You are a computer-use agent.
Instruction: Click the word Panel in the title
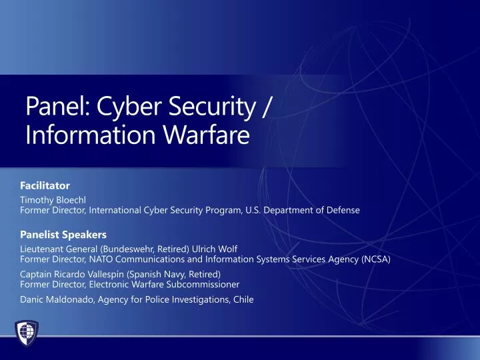point(57,106)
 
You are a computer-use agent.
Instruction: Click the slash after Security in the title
point(266,106)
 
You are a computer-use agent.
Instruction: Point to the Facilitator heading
point(45,185)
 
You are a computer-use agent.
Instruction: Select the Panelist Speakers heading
point(63,235)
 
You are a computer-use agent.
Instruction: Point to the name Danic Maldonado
point(57,299)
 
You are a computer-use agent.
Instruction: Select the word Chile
point(243,299)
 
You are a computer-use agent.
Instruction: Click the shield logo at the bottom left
point(27,331)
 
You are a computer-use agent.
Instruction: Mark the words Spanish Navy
point(157,274)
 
